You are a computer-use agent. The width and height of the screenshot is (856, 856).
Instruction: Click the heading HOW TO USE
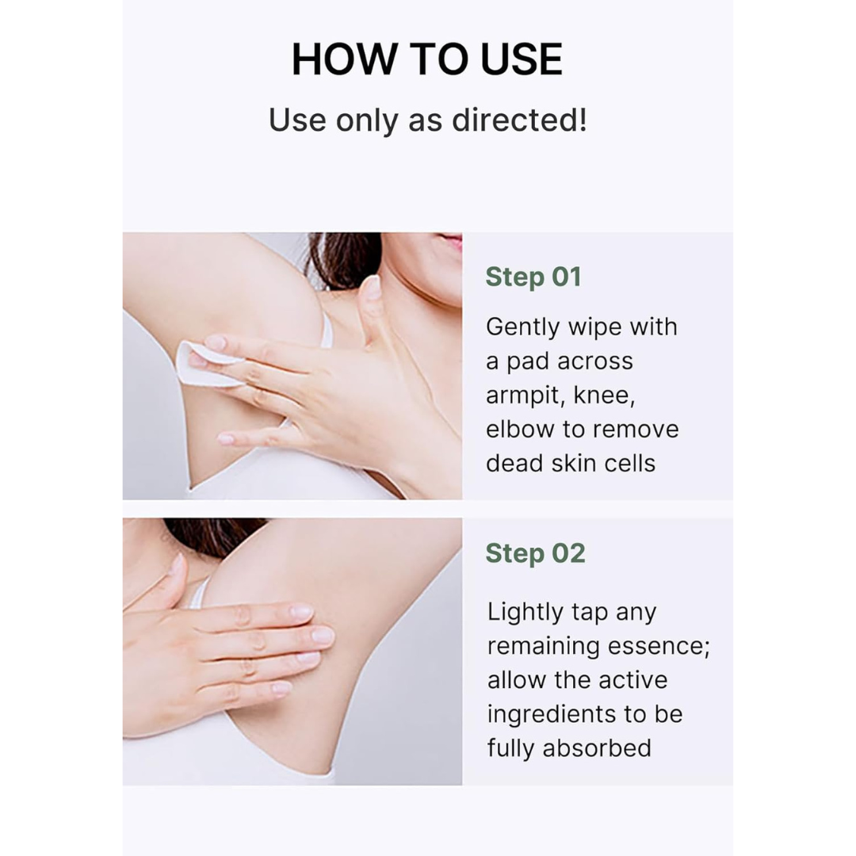pyautogui.click(x=427, y=60)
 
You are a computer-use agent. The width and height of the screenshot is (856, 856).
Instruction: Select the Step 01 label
pyautogui.click(x=533, y=277)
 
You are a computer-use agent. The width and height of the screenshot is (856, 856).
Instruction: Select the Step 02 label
pyautogui.click(x=535, y=553)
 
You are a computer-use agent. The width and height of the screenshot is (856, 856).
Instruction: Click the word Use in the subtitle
pyautogui.click(x=297, y=120)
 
